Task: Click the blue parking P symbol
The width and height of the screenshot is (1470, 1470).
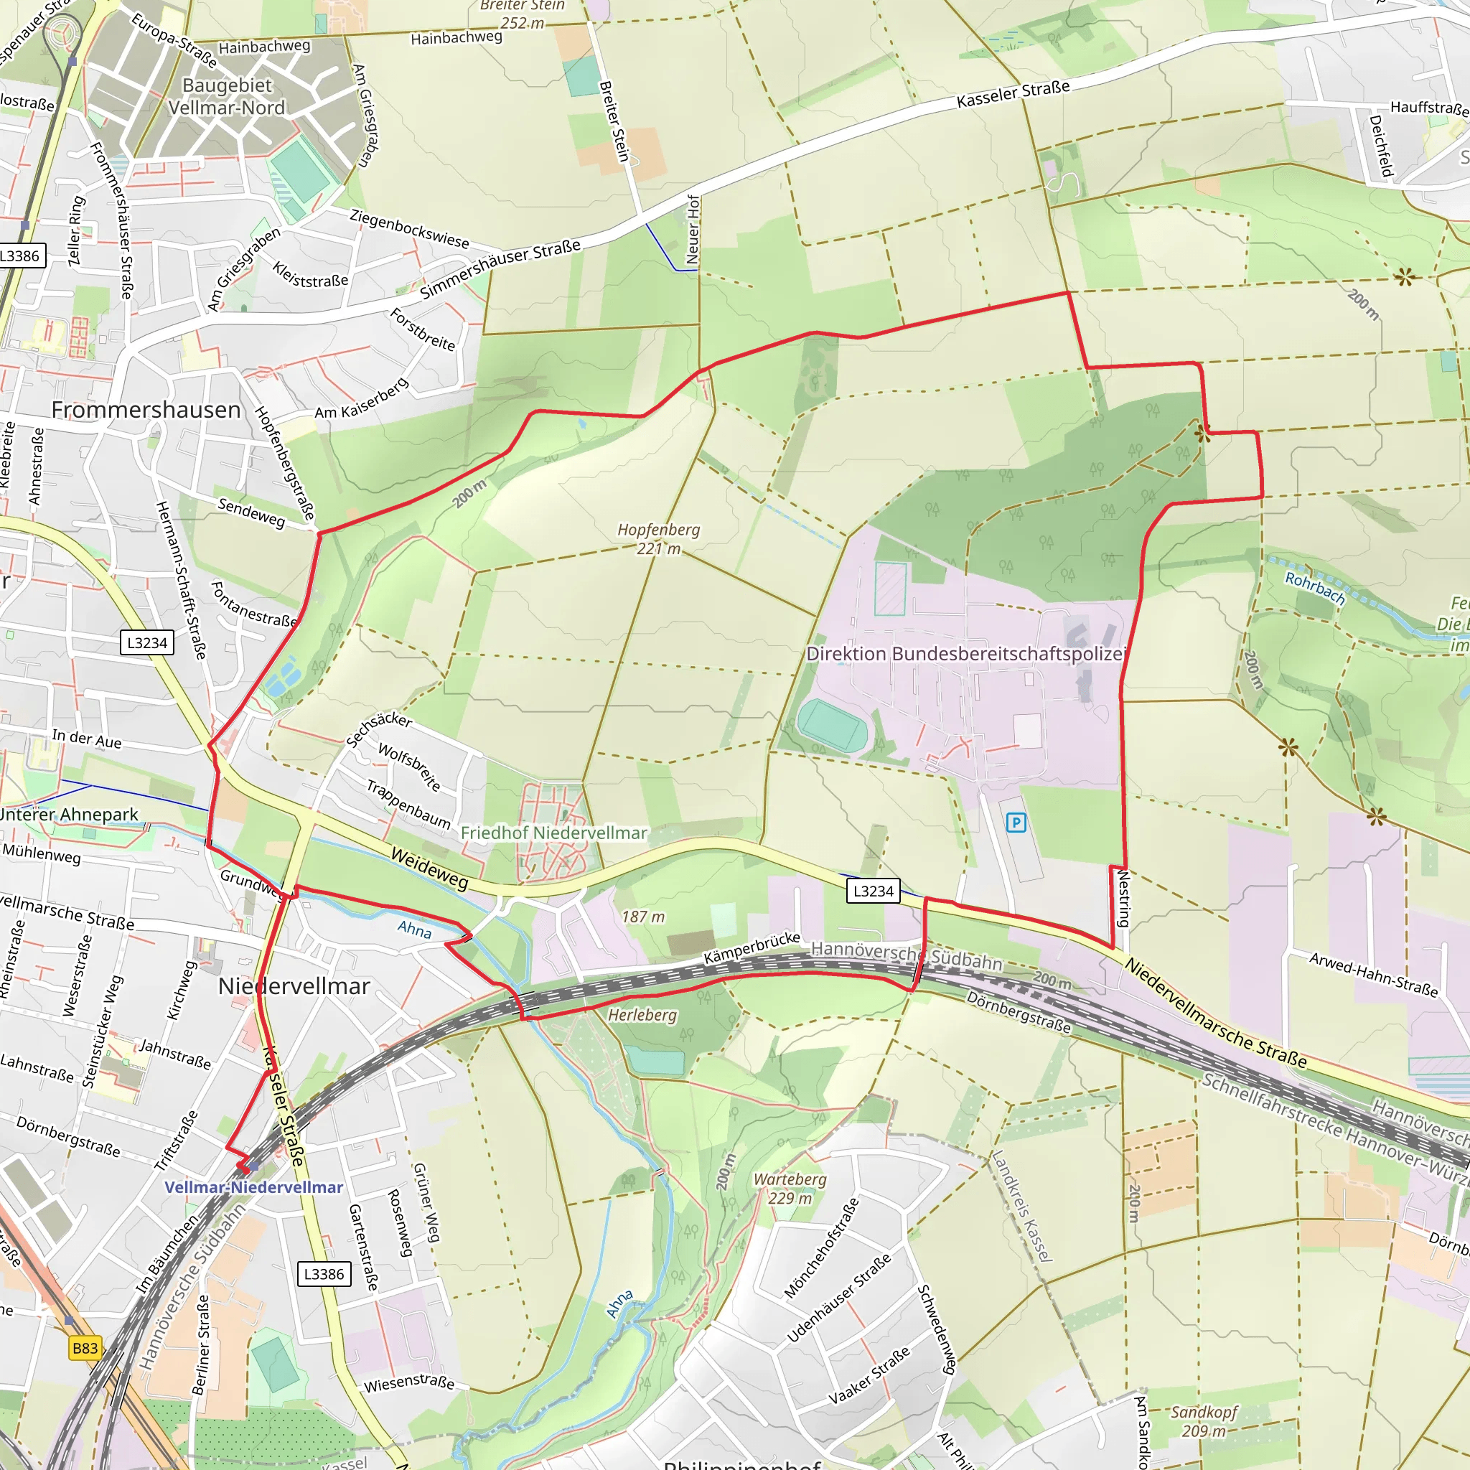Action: [x=1016, y=822]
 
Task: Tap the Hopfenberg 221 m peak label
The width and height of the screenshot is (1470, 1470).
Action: [x=658, y=539]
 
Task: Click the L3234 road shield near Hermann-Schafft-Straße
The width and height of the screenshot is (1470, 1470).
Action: [x=147, y=642]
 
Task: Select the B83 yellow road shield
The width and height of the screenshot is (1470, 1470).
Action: [x=85, y=1348]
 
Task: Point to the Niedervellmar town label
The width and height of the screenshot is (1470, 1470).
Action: [x=294, y=986]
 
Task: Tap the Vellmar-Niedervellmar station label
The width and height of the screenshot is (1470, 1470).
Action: [x=253, y=1187]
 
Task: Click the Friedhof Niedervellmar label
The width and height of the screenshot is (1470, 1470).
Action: [x=553, y=833]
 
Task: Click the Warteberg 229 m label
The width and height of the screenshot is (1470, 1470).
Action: [x=790, y=1189]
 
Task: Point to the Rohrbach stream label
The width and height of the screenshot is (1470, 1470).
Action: [x=1315, y=588]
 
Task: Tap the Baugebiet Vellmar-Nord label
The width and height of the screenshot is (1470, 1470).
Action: [x=227, y=96]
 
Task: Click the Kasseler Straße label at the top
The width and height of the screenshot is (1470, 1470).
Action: [x=1013, y=93]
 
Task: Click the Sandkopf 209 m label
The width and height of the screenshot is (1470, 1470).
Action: [x=1204, y=1421]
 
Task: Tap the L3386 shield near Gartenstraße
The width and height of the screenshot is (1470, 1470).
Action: [x=324, y=1274]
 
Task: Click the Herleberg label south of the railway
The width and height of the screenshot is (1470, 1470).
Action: [x=642, y=1015]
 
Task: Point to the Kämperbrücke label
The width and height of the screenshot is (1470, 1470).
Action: [x=752, y=947]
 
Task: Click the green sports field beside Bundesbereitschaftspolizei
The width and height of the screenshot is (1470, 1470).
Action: [x=833, y=726]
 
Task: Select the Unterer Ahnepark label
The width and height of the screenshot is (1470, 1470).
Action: [x=68, y=815]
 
